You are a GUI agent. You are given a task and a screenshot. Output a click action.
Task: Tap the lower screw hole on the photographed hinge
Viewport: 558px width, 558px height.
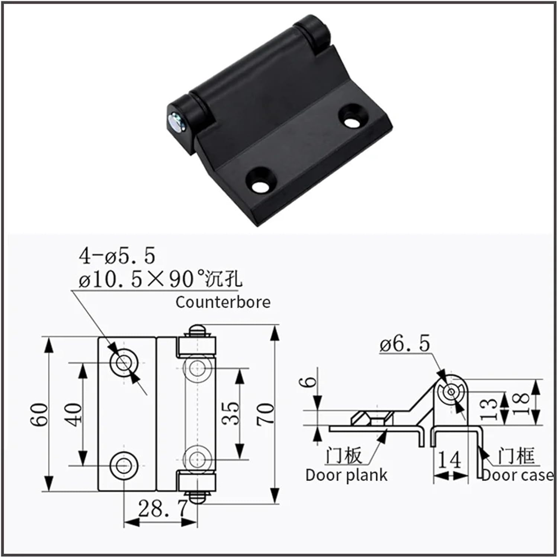(x=259, y=185)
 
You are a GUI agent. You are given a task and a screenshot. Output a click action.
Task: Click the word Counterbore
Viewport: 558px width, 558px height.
(x=223, y=302)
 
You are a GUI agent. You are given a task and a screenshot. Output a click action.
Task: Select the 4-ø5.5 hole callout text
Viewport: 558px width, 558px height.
(x=117, y=256)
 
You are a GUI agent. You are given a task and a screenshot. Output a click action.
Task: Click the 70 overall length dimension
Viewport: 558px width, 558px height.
(x=265, y=414)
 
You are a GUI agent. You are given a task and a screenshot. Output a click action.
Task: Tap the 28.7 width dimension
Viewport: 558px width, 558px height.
(x=161, y=508)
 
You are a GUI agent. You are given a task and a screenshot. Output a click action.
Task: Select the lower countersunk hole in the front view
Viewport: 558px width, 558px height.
(x=124, y=465)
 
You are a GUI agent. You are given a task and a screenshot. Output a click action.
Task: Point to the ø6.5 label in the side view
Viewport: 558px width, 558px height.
(x=405, y=343)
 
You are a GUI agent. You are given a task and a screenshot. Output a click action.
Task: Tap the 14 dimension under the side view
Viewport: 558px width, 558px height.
(x=449, y=460)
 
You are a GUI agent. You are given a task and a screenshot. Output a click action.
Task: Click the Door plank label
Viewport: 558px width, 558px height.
(x=346, y=475)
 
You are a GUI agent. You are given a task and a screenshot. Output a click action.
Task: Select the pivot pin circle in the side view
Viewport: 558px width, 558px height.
(x=451, y=392)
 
